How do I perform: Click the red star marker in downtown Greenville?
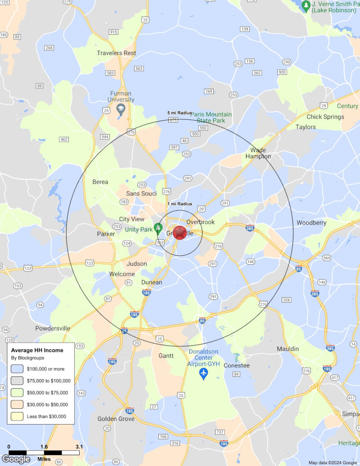point(180,233)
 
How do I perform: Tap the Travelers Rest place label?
point(117,53)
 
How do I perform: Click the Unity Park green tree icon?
point(158,228)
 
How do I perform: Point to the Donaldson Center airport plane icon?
point(203,373)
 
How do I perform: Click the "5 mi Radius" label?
point(180,113)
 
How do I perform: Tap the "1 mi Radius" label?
point(180,204)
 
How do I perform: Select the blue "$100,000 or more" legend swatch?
point(17,369)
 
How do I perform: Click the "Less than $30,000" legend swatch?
point(17,416)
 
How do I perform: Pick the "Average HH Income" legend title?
point(37,350)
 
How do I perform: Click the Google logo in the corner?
point(16,459)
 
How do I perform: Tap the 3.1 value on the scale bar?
point(79,447)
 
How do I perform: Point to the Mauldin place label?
point(288,349)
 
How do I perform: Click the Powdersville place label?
point(53,328)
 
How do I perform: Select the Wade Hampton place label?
point(258,153)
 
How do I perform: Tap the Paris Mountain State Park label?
point(211,118)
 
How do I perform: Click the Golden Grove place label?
point(116,419)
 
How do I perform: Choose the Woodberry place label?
point(311,223)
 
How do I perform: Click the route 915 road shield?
point(113,32)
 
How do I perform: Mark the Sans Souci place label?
point(141,194)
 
